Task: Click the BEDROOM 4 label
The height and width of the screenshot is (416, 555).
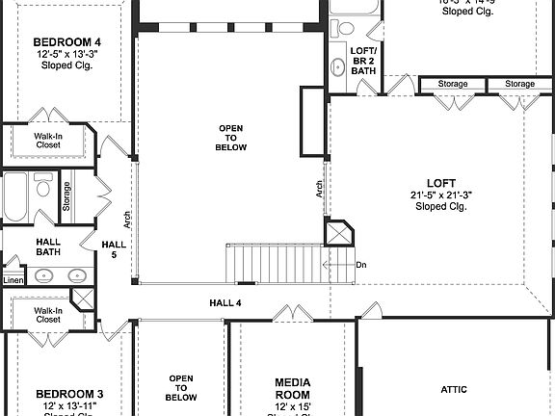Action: pyautogui.click(x=67, y=42)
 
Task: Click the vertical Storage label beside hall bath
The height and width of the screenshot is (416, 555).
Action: pyautogui.click(x=66, y=195)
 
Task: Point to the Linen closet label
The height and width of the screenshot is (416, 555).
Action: pyautogui.click(x=13, y=280)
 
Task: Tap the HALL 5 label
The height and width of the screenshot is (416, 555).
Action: pyautogui.click(x=114, y=250)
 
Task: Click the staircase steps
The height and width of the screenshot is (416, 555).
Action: pyautogui.click(x=275, y=262)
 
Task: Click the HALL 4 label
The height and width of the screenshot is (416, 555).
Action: pyautogui.click(x=225, y=302)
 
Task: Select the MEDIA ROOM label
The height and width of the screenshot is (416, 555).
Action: pyautogui.click(x=292, y=388)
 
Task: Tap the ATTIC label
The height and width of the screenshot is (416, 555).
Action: pyautogui.click(x=454, y=389)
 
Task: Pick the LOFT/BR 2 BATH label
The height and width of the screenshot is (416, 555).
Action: pyautogui.click(x=363, y=60)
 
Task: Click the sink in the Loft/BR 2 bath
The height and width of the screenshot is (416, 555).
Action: pyautogui.click(x=338, y=67)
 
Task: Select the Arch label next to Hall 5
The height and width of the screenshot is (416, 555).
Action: pyautogui.click(x=127, y=219)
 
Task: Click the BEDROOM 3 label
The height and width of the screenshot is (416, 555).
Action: pyautogui.click(x=69, y=394)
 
